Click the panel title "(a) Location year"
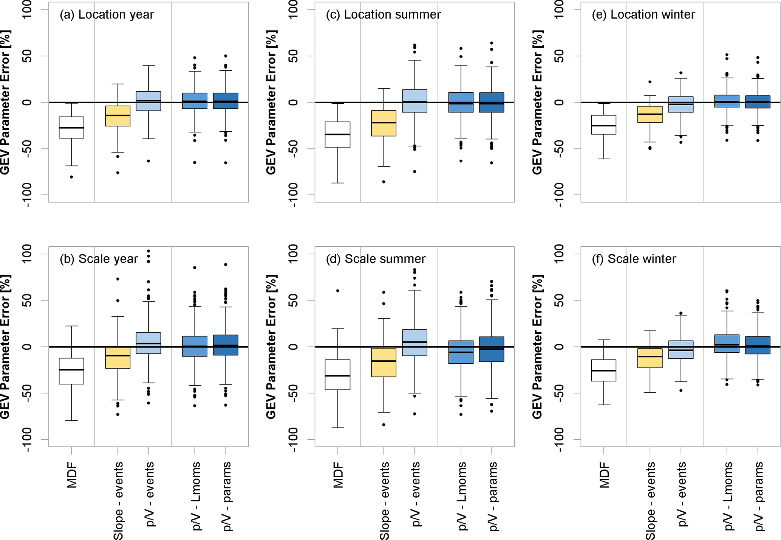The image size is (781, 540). (x=107, y=14)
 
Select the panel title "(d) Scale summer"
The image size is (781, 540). (x=376, y=259)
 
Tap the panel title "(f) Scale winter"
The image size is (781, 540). (x=634, y=259)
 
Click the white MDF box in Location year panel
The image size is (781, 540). (x=71, y=128)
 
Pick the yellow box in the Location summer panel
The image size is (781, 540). (x=384, y=123)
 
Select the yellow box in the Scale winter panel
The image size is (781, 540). (x=650, y=358)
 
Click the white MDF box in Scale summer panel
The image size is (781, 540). (x=337, y=375)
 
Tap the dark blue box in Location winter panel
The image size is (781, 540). (x=757, y=102)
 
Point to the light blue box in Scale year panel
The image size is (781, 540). (x=148, y=343)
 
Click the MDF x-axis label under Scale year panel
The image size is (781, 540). (x=72, y=475)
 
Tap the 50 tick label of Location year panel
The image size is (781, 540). (x=27, y=56)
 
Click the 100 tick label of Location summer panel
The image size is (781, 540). (x=293, y=9)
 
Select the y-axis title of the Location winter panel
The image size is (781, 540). (x=537, y=102)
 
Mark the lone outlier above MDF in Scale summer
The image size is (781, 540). (x=338, y=291)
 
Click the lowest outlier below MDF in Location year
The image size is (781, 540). (x=71, y=177)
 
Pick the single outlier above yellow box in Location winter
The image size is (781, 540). (x=650, y=82)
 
